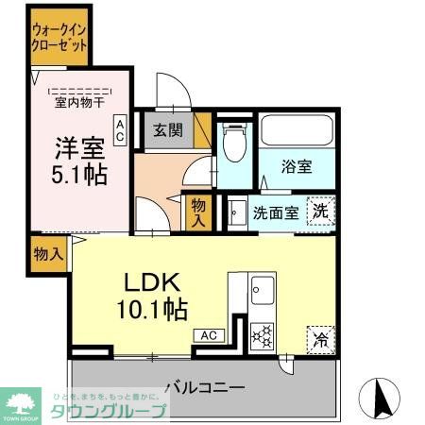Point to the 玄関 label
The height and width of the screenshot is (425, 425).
(x=169, y=130)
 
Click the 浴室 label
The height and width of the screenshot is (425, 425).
(x=296, y=167)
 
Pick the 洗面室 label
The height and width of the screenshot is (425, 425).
(x=277, y=212)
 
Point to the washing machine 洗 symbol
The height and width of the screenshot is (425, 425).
(x=321, y=212)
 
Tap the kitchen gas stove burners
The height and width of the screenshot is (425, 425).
(x=262, y=334)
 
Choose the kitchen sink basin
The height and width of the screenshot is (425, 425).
(x=262, y=289)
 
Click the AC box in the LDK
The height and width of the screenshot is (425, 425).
(x=208, y=334)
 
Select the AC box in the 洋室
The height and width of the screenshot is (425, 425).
(x=120, y=129)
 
